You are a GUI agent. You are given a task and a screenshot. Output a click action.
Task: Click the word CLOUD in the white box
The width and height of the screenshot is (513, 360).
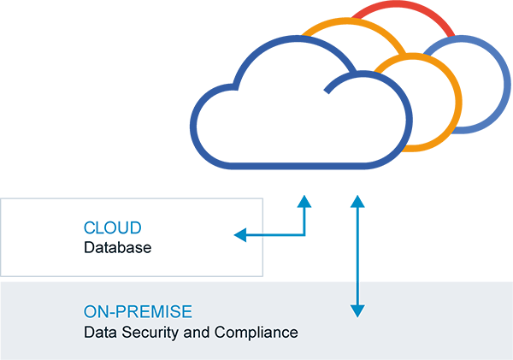(112, 228)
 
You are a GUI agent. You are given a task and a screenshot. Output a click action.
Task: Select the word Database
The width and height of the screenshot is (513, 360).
(117, 249)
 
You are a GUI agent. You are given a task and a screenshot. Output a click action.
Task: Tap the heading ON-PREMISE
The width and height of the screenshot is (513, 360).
(138, 311)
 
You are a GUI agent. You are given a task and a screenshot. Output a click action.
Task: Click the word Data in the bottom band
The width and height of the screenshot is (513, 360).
(97, 332)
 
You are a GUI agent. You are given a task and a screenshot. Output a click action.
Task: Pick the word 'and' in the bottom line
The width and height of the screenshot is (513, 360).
(201, 332)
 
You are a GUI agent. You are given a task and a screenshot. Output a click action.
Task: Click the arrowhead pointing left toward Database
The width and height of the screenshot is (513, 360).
(240, 233)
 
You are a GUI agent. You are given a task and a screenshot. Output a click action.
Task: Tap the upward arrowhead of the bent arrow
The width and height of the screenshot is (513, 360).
(303, 201)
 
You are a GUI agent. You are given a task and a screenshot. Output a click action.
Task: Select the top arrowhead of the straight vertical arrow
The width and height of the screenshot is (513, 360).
(358, 201)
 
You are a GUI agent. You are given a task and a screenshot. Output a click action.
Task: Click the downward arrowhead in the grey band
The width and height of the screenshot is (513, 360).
(358, 311)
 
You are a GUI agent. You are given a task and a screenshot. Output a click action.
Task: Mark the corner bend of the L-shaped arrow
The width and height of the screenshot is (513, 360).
(303, 233)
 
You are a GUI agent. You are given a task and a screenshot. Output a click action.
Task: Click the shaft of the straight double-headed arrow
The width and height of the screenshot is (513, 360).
(358, 257)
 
